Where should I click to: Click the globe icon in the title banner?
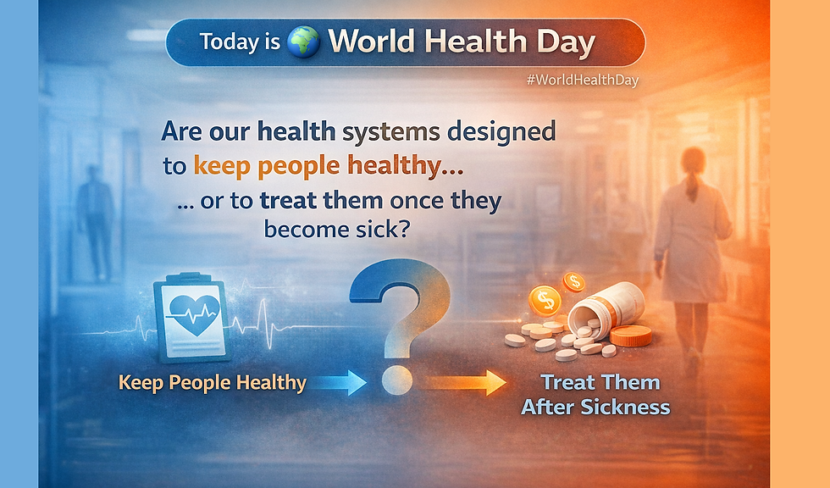303,42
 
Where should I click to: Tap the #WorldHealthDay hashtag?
583,80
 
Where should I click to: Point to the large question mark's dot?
397,380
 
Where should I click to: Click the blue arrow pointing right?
338,382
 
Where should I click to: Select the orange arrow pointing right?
466,382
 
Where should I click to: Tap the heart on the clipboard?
194,313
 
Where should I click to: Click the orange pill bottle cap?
630,336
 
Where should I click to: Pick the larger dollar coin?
545,301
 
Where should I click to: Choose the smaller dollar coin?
573,282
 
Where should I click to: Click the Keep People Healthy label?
213,383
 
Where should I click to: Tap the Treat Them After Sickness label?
596,395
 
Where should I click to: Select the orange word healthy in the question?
404,166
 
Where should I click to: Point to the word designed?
501,132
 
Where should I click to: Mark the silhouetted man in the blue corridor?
95,222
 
